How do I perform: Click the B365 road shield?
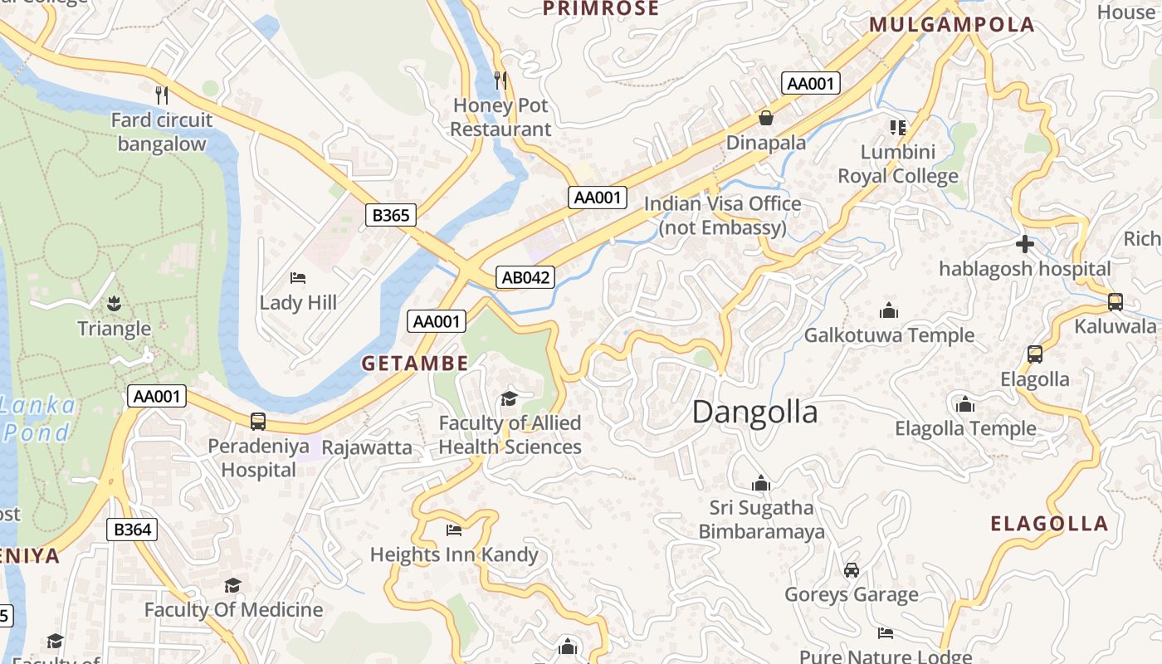390,216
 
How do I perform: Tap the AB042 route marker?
525,277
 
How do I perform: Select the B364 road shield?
132,530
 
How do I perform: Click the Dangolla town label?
754,413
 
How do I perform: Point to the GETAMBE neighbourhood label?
415,363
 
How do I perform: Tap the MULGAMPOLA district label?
952,25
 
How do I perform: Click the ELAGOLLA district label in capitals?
1049,524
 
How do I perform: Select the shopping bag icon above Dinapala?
765,119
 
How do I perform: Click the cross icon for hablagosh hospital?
1025,244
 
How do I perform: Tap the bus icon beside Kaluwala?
1116,302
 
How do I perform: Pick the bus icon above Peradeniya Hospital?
258,422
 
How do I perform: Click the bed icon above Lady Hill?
298,278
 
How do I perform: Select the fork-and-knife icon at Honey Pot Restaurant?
500,81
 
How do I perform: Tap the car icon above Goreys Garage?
852,570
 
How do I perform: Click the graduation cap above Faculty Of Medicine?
233,586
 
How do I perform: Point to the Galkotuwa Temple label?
889,335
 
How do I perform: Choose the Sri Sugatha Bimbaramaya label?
761,520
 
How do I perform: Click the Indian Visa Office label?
722,215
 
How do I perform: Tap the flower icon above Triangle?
115,304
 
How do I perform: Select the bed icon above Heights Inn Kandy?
454,530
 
